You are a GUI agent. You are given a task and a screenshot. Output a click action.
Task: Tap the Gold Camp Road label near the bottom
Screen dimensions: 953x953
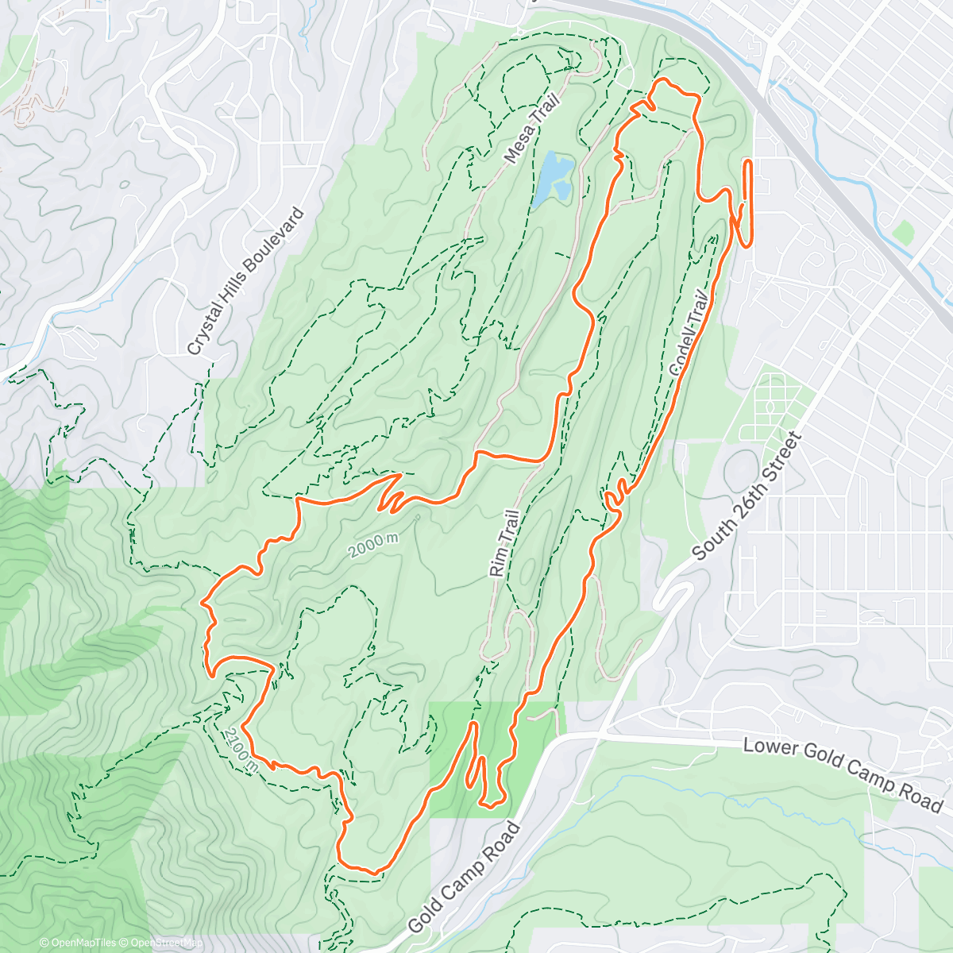click(x=465, y=878)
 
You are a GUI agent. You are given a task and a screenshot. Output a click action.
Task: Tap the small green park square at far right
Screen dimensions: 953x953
click(x=902, y=233)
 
